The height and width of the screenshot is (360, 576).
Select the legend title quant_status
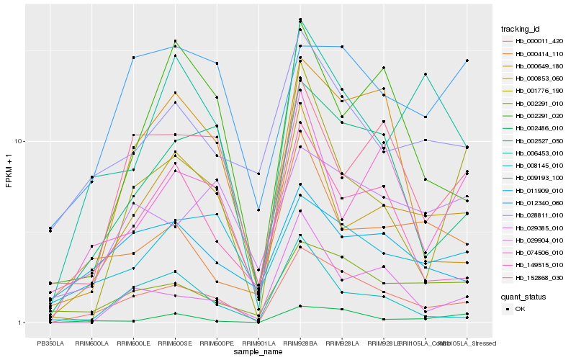(x=523, y=297)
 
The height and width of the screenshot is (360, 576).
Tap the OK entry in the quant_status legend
(x=525, y=309)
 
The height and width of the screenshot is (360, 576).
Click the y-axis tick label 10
(x=20, y=142)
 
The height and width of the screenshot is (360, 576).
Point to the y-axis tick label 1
(x=22, y=323)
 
